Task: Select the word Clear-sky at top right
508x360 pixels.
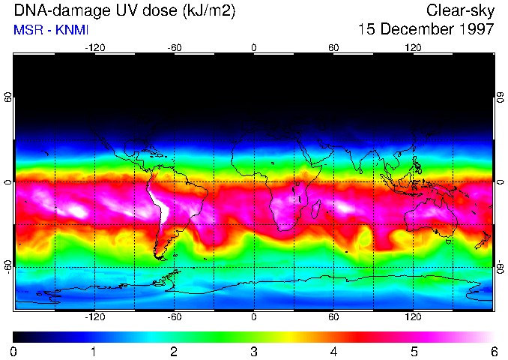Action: click(x=460, y=10)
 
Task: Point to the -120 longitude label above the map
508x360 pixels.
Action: click(x=94, y=47)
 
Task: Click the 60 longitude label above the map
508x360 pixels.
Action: click(x=333, y=47)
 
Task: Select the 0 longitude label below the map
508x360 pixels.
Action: click(x=254, y=316)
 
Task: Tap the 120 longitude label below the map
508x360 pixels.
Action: click(x=413, y=316)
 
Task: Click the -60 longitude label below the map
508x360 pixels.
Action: click(x=174, y=316)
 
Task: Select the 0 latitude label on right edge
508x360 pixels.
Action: click(x=500, y=182)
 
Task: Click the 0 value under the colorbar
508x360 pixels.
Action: click(x=14, y=351)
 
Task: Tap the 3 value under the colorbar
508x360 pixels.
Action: click(x=254, y=351)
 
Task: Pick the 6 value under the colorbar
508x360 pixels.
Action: click(x=493, y=351)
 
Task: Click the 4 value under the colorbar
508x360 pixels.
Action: click(x=333, y=351)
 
